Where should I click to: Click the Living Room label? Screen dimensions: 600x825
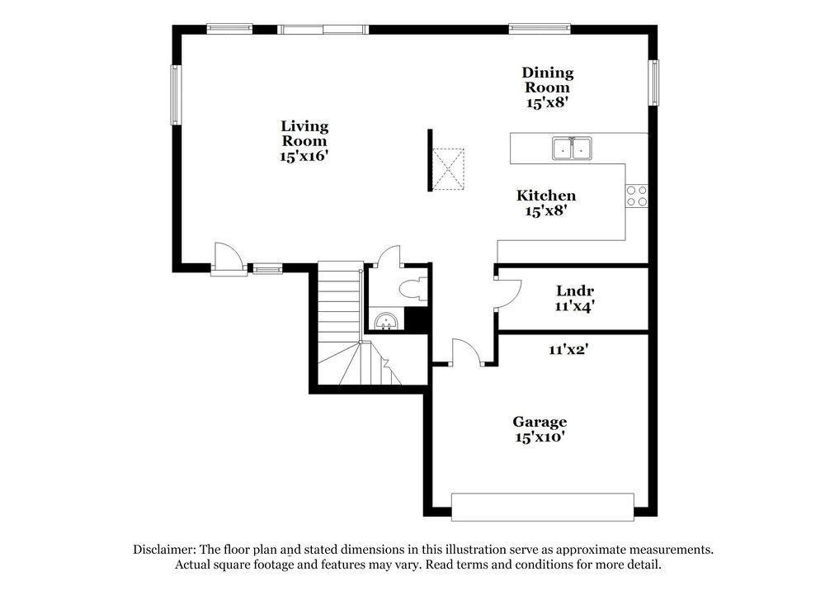point(304,140)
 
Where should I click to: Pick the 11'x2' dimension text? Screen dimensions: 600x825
point(568,349)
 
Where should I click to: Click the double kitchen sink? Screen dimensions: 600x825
point(572,149)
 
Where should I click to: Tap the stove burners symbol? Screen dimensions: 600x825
point(636,196)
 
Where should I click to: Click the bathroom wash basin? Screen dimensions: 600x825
point(386,320)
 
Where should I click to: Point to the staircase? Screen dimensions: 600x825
point(342,322)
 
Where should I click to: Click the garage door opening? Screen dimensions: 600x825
point(542,507)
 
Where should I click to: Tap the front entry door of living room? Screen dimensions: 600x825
point(228,259)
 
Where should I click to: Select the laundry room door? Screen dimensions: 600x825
point(506,293)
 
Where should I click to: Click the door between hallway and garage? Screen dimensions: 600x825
point(466,352)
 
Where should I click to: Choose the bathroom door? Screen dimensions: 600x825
point(389,256)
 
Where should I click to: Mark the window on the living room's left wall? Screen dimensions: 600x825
point(175,95)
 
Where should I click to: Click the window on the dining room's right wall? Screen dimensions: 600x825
point(653,84)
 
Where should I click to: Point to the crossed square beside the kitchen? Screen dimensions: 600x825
point(450,168)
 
